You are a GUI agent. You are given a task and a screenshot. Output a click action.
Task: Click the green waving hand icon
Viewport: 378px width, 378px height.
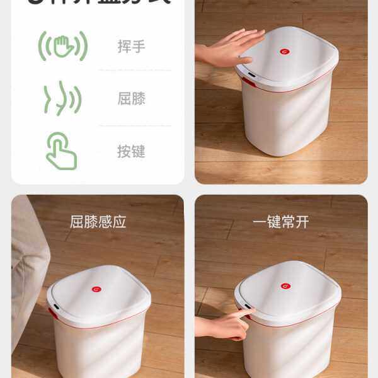63,47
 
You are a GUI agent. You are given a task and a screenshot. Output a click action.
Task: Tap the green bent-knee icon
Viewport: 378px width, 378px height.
62,98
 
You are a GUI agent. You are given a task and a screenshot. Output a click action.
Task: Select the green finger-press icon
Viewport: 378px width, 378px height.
62,151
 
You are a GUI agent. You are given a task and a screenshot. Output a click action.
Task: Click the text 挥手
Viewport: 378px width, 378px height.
131,47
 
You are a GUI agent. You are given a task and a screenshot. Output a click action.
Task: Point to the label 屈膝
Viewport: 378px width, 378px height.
131,99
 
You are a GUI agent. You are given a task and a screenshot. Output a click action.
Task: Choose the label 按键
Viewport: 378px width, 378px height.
131,152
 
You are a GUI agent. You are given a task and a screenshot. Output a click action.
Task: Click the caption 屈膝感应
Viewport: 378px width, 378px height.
98,222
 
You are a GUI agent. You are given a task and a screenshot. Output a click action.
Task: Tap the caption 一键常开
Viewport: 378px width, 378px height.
281,222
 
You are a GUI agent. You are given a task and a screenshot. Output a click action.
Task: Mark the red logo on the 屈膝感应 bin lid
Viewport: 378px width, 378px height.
96,289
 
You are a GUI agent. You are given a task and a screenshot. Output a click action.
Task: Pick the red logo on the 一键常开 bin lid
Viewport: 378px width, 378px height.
285,286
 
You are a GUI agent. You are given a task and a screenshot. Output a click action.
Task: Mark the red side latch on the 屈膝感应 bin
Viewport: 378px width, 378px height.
52,313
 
